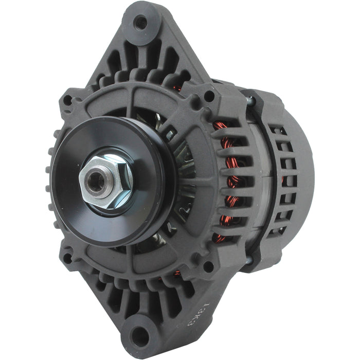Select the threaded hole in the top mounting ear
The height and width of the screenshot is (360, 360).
point(140,22)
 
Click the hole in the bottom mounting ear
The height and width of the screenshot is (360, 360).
point(139,337)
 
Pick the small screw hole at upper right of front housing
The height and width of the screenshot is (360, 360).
point(208,96)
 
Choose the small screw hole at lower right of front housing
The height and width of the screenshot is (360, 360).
point(208,266)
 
